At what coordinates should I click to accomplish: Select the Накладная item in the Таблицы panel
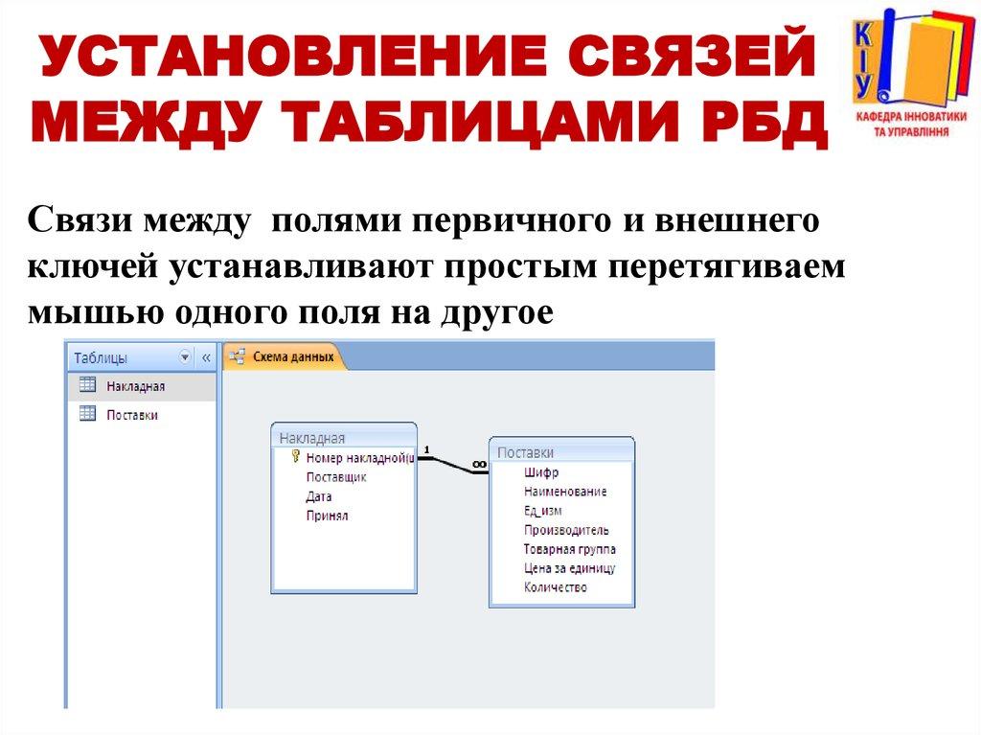pyautogui.click(x=135, y=386)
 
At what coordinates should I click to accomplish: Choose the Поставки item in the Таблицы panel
pyautogui.click(x=131, y=415)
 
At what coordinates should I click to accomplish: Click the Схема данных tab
pyautogui.click(x=293, y=356)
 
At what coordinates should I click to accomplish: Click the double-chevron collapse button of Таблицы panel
pyautogui.click(x=205, y=356)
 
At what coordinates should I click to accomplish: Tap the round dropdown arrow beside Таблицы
pyautogui.click(x=185, y=356)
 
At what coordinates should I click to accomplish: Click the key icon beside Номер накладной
pyautogui.click(x=296, y=457)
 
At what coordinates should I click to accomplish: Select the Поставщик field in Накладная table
pyautogui.click(x=335, y=477)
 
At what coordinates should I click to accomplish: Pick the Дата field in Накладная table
pyautogui.click(x=319, y=496)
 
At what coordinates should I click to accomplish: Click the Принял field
pyautogui.click(x=327, y=516)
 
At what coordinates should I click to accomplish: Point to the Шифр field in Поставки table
pyautogui.click(x=540, y=472)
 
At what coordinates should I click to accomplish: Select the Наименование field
pyautogui.click(x=564, y=492)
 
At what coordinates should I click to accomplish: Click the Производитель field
pyautogui.click(x=565, y=530)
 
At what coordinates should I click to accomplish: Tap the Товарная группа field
pyautogui.click(x=569, y=549)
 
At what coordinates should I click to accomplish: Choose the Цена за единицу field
pyautogui.click(x=569, y=568)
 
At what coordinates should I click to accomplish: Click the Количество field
pyautogui.click(x=555, y=587)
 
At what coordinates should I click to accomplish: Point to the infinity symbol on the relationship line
pyautogui.click(x=479, y=465)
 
